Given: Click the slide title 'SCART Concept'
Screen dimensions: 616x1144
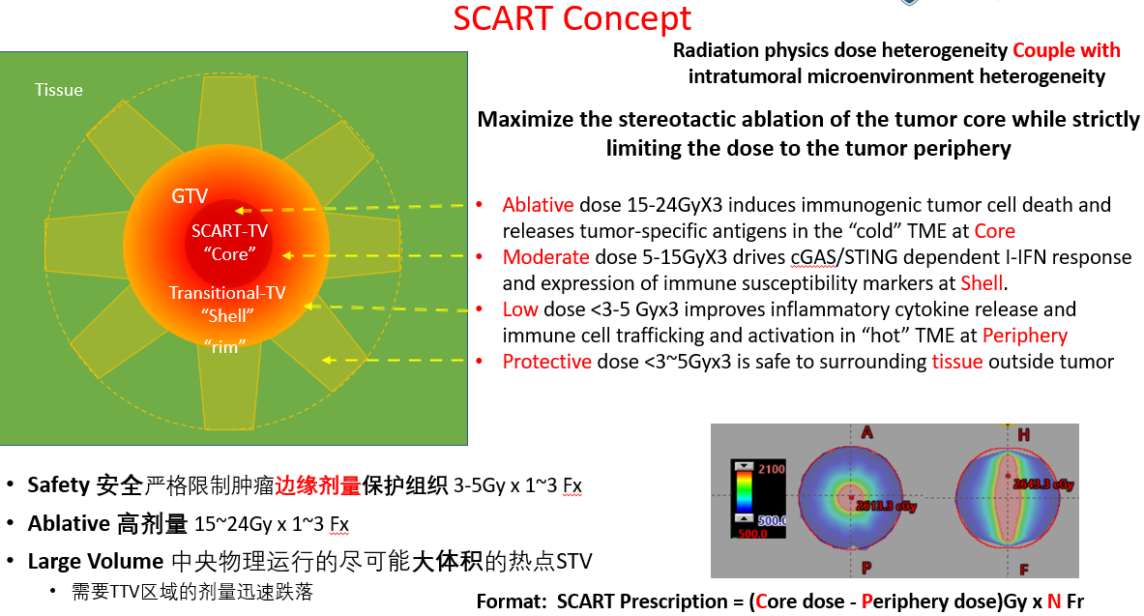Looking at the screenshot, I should pyautogui.click(x=572, y=18).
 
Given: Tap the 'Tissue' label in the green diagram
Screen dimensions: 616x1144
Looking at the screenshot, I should pyautogui.click(x=59, y=90).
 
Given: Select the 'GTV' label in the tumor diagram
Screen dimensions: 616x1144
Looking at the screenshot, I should pyautogui.click(x=190, y=196).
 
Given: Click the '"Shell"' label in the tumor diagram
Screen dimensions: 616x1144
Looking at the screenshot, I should pyautogui.click(x=228, y=314).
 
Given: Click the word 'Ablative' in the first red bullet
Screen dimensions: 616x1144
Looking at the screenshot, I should pyautogui.click(x=537, y=205).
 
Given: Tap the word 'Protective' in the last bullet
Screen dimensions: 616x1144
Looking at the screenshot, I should pyautogui.click(x=546, y=362).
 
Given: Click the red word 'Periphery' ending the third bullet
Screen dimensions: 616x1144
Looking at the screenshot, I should pyautogui.click(x=1024, y=336).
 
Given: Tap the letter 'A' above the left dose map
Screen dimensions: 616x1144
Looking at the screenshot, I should pyautogui.click(x=866, y=433).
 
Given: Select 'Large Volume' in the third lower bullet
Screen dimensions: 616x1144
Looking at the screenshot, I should pyautogui.click(x=95, y=561).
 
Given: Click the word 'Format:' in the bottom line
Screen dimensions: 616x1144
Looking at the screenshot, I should pyautogui.click(x=512, y=601).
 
